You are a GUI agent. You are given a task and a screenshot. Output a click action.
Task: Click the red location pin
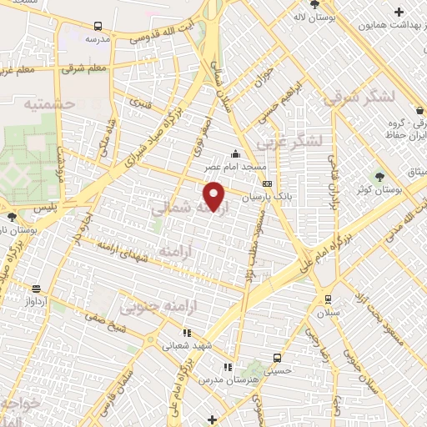(x=214, y=196)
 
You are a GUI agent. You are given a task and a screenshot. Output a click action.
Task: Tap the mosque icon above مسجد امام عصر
(x=235, y=153)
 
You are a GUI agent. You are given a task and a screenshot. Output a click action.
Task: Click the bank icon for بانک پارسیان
(x=267, y=183)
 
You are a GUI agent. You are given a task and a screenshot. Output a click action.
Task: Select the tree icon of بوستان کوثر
(x=379, y=176)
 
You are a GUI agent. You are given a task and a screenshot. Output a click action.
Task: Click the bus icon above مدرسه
(x=98, y=27)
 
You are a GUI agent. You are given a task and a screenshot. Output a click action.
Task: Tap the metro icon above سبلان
(x=327, y=299)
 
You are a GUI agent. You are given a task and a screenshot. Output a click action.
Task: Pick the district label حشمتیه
(x=50, y=104)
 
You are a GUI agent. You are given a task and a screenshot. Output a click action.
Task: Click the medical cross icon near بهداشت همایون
(x=399, y=12)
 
